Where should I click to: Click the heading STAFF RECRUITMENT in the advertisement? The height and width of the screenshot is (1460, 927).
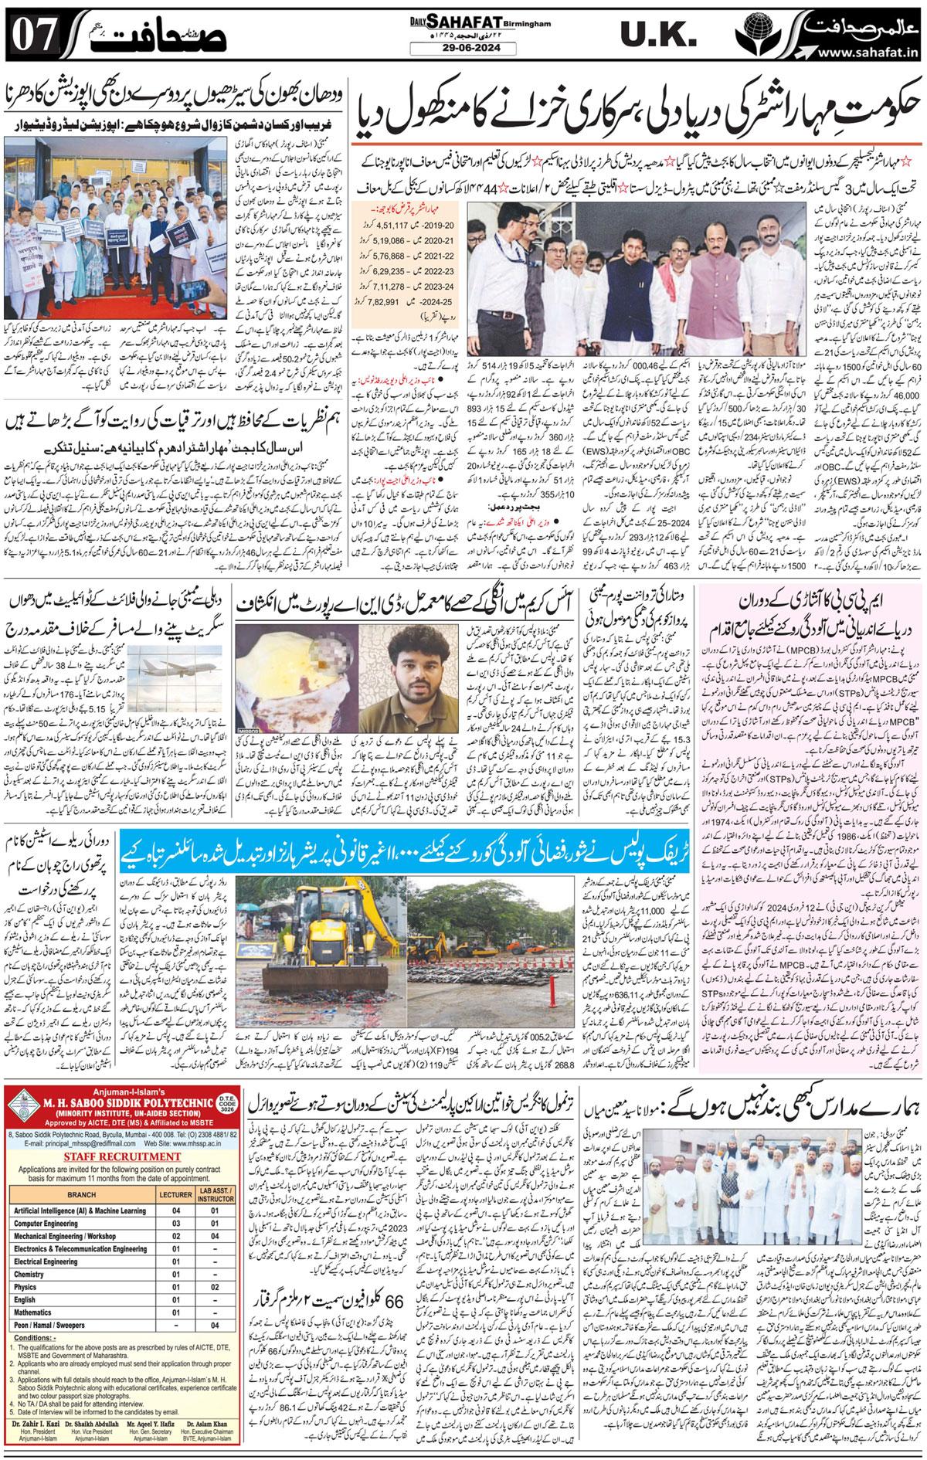(121, 1156)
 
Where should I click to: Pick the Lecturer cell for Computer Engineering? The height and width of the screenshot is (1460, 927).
(176, 1224)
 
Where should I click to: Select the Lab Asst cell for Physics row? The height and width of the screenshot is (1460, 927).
(215, 1287)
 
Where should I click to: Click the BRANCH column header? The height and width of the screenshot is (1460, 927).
(81, 1193)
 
